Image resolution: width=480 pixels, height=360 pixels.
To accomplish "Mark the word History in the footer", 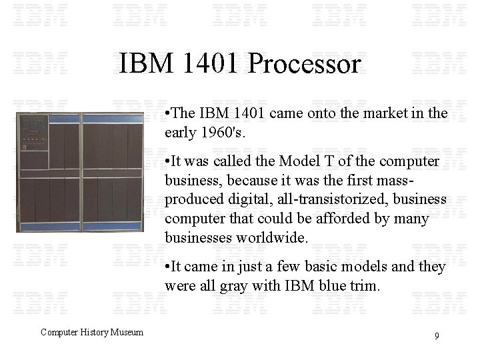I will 92,332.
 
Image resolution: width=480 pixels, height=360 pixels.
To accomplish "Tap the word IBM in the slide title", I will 147,64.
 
